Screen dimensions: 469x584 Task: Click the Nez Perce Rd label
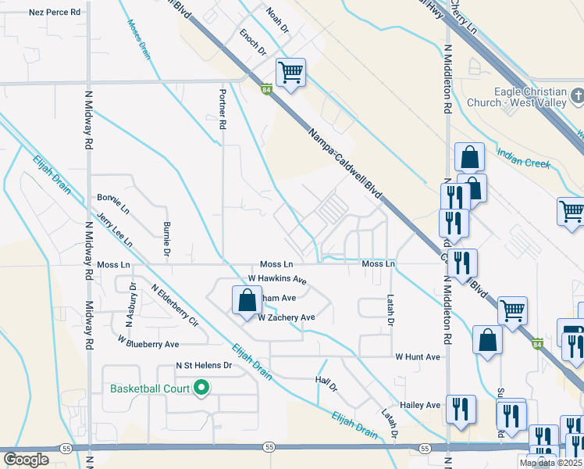click(55, 13)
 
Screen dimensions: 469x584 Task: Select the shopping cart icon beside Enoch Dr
click(290, 73)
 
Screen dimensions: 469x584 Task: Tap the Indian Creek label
click(524, 159)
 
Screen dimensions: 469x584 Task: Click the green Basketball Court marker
click(201, 388)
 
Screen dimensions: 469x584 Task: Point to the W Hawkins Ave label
click(277, 279)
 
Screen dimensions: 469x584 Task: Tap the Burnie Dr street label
click(167, 239)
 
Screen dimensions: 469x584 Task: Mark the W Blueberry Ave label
click(148, 343)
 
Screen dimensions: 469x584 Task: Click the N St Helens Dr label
click(205, 365)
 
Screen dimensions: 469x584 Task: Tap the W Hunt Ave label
click(418, 356)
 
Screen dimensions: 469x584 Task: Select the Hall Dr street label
click(326, 383)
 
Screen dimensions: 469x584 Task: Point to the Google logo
click(26, 460)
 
